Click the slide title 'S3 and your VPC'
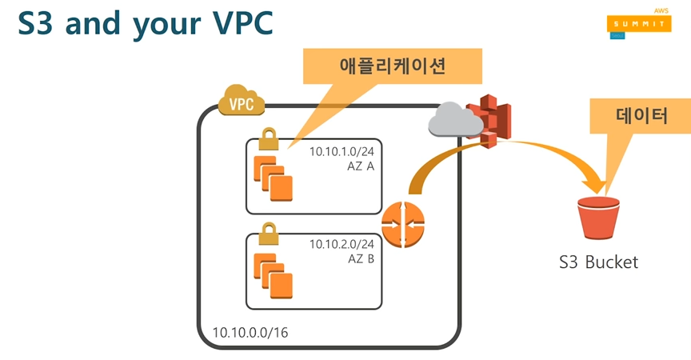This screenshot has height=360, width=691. point(145,24)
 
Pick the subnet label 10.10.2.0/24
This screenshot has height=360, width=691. point(342,245)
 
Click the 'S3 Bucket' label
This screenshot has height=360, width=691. point(599,262)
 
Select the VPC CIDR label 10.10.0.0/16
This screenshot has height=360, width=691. point(250,331)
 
